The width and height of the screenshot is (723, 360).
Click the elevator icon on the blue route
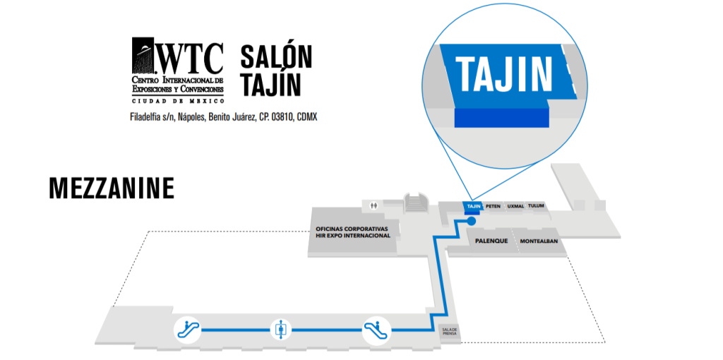pyautogui.click(x=281, y=330)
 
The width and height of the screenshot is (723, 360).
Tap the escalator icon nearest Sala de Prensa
pyautogui.click(x=376, y=330)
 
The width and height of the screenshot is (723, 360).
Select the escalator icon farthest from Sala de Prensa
pyautogui.click(x=187, y=330)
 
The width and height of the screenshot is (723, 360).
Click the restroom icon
pyautogui.click(x=374, y=205)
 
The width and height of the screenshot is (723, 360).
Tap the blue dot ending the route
pyautogui.click(x=471, y=221)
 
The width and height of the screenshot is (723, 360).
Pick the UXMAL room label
pyautogui.click(x=515, y=206)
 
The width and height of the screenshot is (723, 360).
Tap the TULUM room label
pyautogui.click(x=537, y=205)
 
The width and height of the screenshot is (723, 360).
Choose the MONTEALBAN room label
pyautogui.click(x=540, y=241)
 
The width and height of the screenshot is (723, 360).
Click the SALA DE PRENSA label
pyautogui.click(x=449, y=332)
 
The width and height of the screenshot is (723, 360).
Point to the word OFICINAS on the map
pyautogui.click(x=331, y=229)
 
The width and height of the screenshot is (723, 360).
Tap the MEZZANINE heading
pyautogui.click(x=112, y=188)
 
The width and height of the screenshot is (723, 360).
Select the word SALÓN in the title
pyautogui.click(x=276, y=56)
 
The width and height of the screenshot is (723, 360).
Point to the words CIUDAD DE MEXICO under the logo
pyautogui.click(x=178, y=100)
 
